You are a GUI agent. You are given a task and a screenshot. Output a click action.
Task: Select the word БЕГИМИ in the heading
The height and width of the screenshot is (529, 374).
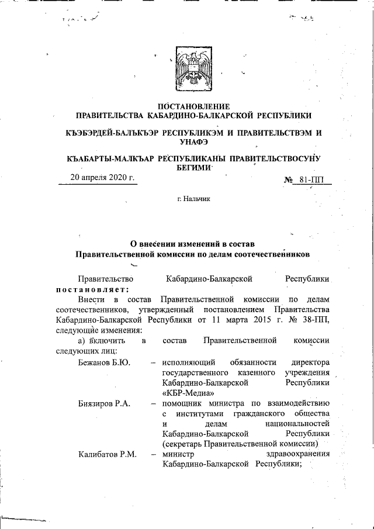tap(193, 167)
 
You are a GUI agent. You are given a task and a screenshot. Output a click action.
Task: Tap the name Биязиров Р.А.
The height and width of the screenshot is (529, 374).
tap(103, 403)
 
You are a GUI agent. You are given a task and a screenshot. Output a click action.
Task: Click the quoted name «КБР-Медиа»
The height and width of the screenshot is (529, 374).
tap(184, 392)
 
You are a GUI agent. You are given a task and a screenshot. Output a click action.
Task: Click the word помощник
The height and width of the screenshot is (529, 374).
tap(183, 403)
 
